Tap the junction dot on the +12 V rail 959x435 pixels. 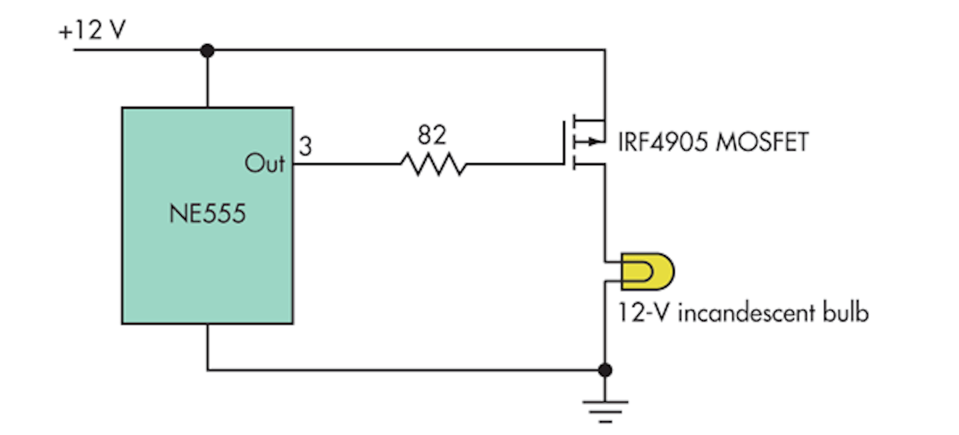point(208,50)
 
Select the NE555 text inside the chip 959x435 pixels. point(207,215)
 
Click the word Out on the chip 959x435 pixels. point(264,163)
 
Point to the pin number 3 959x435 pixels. point(305,147)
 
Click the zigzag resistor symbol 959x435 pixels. point(433,164)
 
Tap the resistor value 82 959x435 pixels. point(432,136)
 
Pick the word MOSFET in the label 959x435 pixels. point(762,142)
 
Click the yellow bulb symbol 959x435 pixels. point(647,271)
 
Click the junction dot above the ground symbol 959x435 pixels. point(605,370)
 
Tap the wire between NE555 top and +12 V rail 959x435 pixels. point(208,79)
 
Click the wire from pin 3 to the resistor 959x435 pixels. point(346,164)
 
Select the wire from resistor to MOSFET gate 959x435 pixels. point(513,164)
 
